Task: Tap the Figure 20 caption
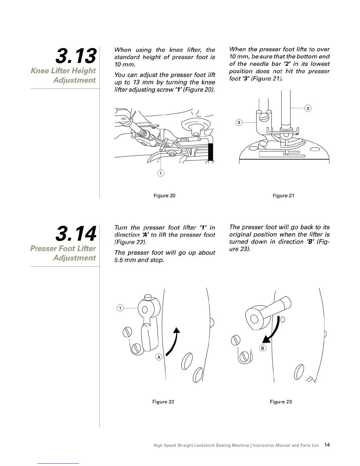164,196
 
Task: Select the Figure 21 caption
283,196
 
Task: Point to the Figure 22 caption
163,402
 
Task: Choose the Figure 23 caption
281,402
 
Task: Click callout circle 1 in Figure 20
161,173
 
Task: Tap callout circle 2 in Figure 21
308,108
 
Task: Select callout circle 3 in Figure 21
239,122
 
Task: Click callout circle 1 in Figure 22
120,308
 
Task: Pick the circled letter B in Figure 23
263,348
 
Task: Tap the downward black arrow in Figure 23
272,331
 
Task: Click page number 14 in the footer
327,445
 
